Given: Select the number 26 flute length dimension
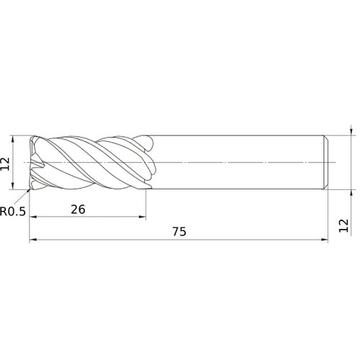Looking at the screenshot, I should point(78,209).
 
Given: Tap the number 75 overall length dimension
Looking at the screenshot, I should point(179,232).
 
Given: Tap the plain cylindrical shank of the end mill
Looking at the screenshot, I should point(238,163).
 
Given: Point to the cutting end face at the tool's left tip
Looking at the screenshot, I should point(32,163).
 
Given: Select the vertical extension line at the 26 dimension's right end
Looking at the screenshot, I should point(145,205).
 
